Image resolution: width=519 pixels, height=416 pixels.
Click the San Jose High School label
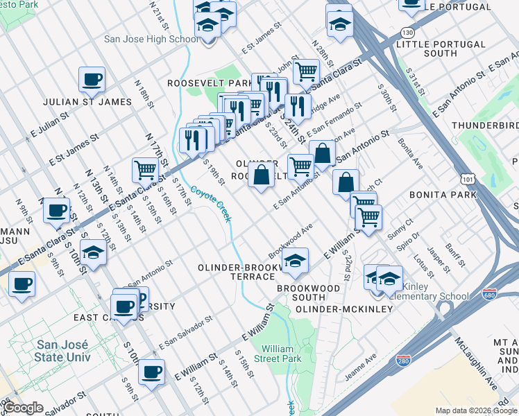tap(151, 39)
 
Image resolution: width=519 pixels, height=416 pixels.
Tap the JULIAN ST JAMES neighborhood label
tap(87, 102)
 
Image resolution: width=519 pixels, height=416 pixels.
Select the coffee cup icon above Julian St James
tap(92, 80)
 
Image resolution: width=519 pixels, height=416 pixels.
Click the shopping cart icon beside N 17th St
tap(146, 168)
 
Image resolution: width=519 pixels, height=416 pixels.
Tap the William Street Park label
tap(282, 354)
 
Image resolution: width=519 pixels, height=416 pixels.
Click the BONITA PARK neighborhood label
tap(442, 195)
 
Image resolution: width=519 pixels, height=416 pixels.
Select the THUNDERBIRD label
tap(484, 125)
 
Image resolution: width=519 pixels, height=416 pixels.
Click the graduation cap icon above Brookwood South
tap(296, 261)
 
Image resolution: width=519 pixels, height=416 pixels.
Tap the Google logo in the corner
tap(23, 408)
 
